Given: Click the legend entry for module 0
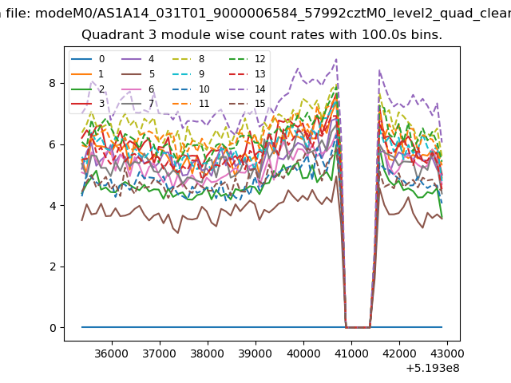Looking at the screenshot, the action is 88,59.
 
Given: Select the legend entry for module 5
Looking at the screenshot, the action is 138,74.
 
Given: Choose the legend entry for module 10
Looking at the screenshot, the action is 191,89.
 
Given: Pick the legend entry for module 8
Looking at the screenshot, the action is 188,59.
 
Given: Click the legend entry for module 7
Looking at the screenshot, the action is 138,104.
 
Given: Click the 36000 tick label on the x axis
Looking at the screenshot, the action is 112,353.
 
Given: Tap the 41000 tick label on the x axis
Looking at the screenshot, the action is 351,353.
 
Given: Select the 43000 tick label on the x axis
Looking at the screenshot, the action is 447,353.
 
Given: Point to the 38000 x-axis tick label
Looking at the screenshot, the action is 208,353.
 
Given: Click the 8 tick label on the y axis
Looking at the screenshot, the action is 53,83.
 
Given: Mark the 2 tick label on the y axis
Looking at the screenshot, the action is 53,267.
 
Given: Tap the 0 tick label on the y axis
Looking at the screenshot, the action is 53,328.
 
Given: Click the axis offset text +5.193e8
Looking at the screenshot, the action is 433,369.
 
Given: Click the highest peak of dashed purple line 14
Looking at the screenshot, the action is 336,59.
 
